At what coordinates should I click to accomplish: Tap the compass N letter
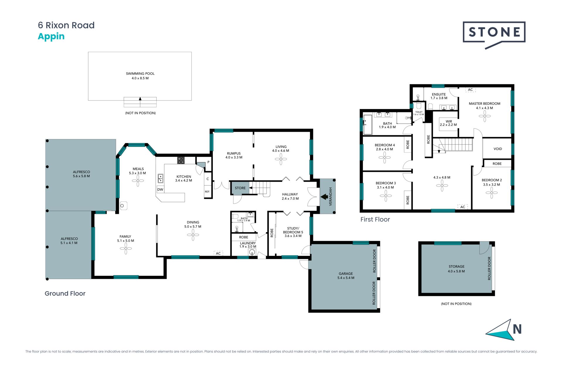tap(517, 329)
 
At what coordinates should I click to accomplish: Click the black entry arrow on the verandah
tap(324, 197)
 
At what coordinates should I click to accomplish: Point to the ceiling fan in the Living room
tap(281, 159)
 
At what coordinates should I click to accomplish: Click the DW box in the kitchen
tap(160, 189)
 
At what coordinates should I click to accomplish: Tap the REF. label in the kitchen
tap(207, 192)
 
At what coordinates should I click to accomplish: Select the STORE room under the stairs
tap(240, 188)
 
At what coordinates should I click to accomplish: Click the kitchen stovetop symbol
tap(181, 160)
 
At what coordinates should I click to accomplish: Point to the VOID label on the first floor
tap(498, 149)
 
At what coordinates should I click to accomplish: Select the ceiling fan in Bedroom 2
tap(491, 192)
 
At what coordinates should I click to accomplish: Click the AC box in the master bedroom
tap(470, 90)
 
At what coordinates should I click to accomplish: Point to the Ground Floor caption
tap(65, 294)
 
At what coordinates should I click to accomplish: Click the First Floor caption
tap(375, 219)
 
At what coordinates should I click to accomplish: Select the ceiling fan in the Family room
tap(126, 249)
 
